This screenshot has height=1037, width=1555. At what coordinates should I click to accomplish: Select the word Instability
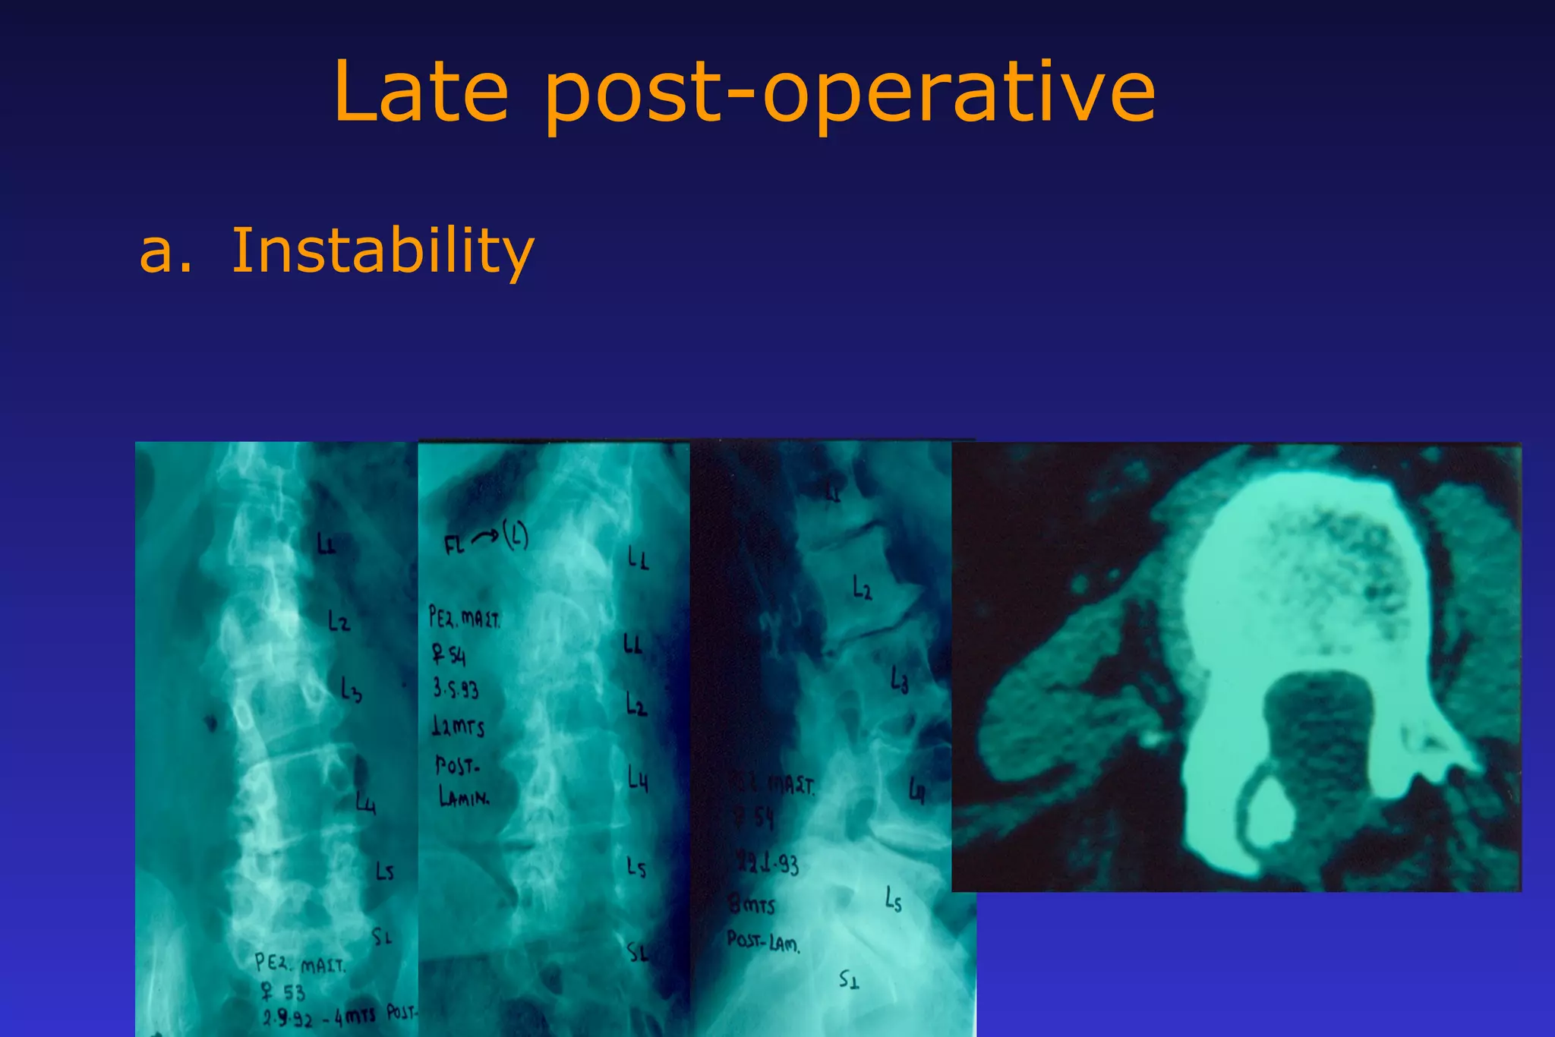(x=383, y=251)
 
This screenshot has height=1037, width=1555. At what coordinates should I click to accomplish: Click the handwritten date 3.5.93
(x=456, y=689)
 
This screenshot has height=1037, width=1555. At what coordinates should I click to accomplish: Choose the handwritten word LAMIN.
(x=464, y=797)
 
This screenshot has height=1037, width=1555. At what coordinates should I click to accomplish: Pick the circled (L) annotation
(x=516, y=537)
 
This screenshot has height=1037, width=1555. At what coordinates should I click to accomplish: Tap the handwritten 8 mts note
(x=752, y=905)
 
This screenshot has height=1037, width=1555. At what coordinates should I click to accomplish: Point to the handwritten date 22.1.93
(x=767, y=862)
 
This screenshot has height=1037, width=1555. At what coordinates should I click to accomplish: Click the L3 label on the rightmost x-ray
(x=900, y=679)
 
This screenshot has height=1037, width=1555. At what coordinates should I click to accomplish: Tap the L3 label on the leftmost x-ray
(x=350, y=690)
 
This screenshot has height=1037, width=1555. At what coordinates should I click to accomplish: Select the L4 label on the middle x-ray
(x=638, y=778)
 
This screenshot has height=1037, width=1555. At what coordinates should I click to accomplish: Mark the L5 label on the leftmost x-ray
(x=385, y=872)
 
